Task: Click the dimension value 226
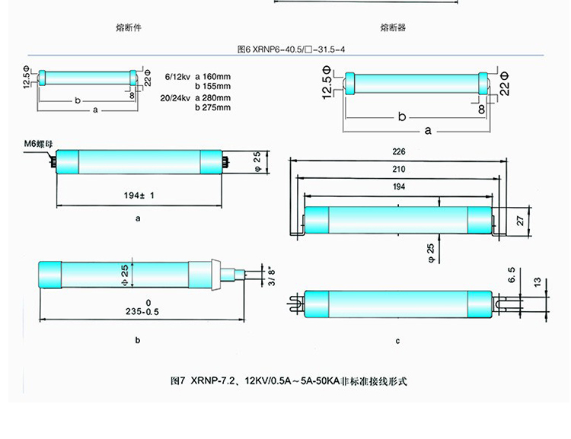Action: [x=400, y=152]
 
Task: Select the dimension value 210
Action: [x=400, y=170]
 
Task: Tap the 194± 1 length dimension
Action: [x=139, y=196]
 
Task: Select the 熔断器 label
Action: [x=393, y=28]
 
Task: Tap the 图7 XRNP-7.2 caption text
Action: [x=290, y=380]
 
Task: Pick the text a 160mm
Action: [x=214, y=77]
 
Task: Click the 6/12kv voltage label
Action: [x=177, y=77]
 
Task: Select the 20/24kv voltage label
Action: [x=177, y=97]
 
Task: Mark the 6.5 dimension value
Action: [x=511, y=275]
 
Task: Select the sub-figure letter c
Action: [x=397, y=341]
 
